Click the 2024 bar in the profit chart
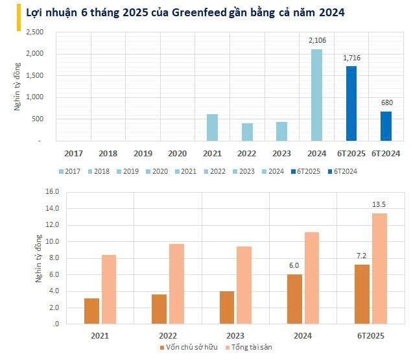(x=316, y=95)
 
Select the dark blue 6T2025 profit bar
(x=351, y=103)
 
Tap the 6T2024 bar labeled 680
(x=385, y=126)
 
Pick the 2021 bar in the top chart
(x=212, y=128)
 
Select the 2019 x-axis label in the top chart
(x=143, y=154)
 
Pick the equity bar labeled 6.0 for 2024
(x=294, y=299)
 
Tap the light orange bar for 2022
(x=176, y=283)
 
